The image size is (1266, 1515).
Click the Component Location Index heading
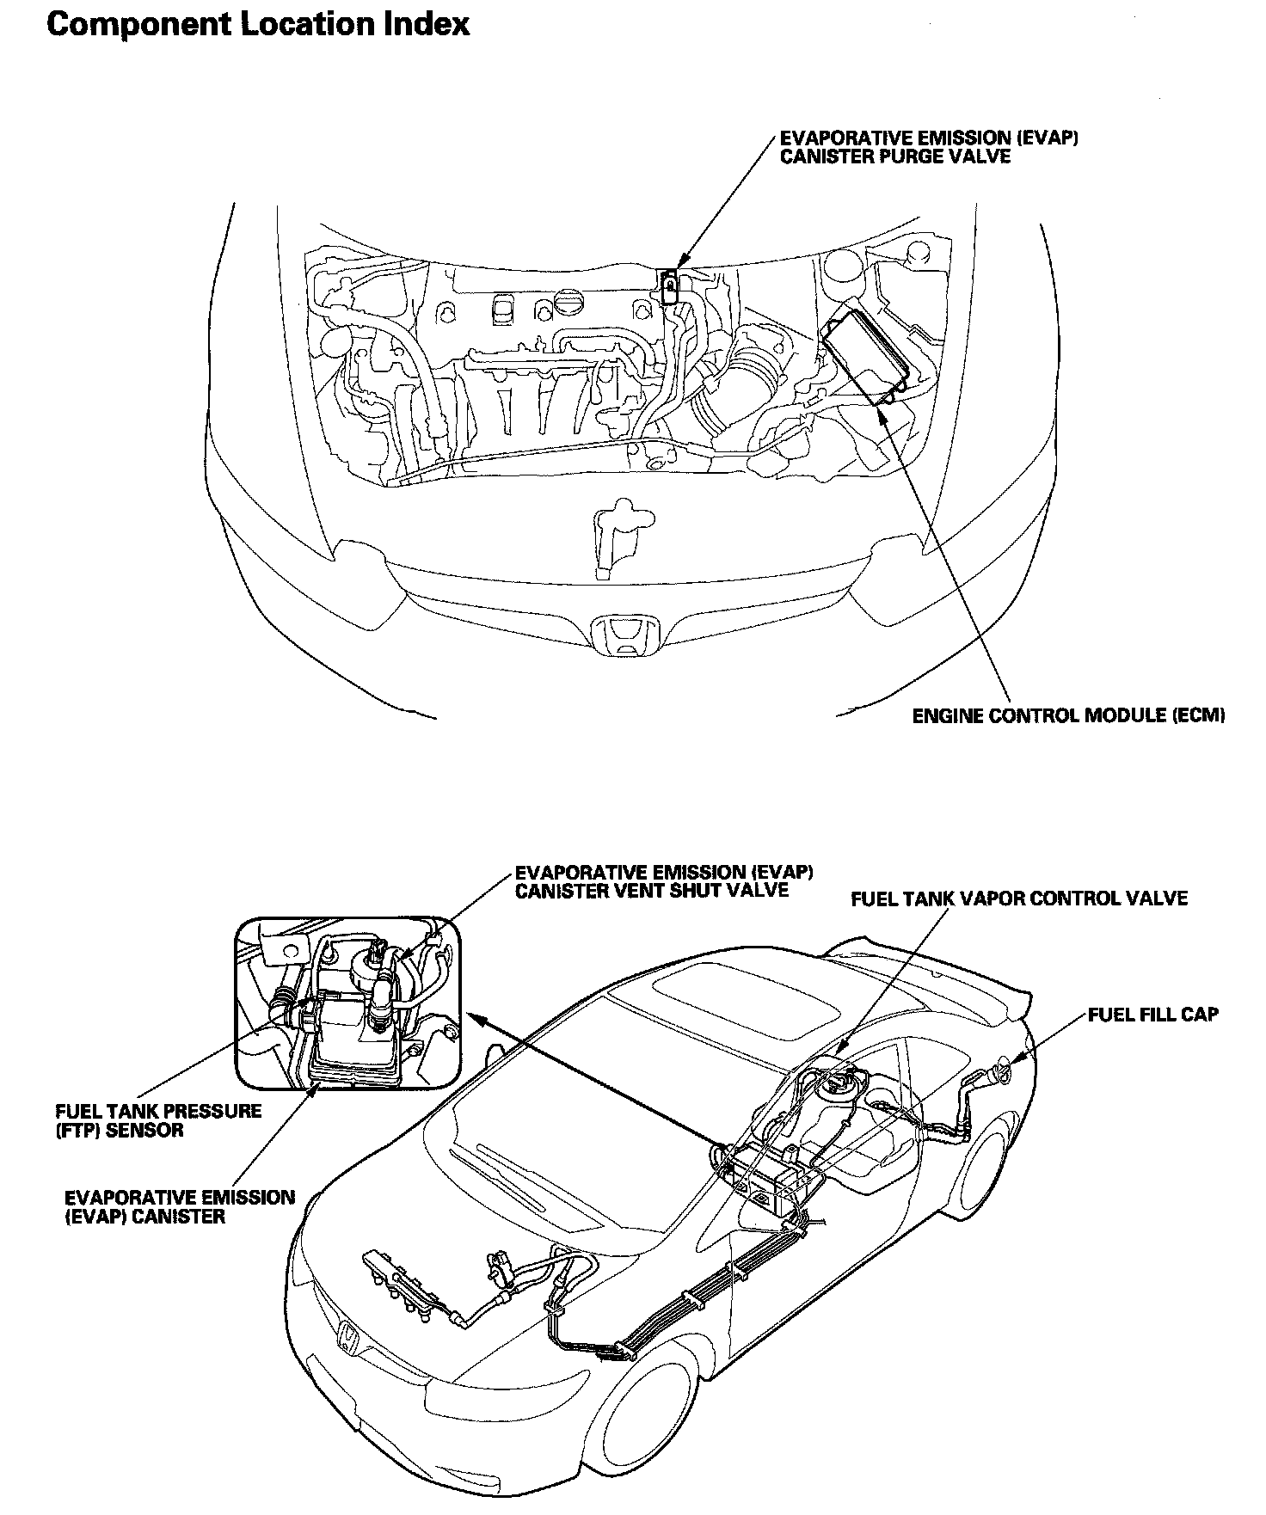258,24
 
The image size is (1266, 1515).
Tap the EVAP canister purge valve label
929,147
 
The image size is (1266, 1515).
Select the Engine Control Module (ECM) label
1068,715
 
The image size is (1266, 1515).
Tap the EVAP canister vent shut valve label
663,880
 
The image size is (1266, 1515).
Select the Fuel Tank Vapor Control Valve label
1018,899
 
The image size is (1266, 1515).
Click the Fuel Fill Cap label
1152,1015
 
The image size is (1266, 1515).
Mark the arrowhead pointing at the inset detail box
472,1017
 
